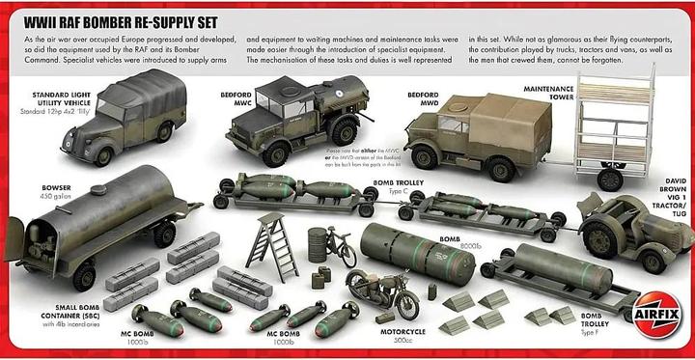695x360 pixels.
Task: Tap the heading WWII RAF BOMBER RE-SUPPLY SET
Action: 113,20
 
